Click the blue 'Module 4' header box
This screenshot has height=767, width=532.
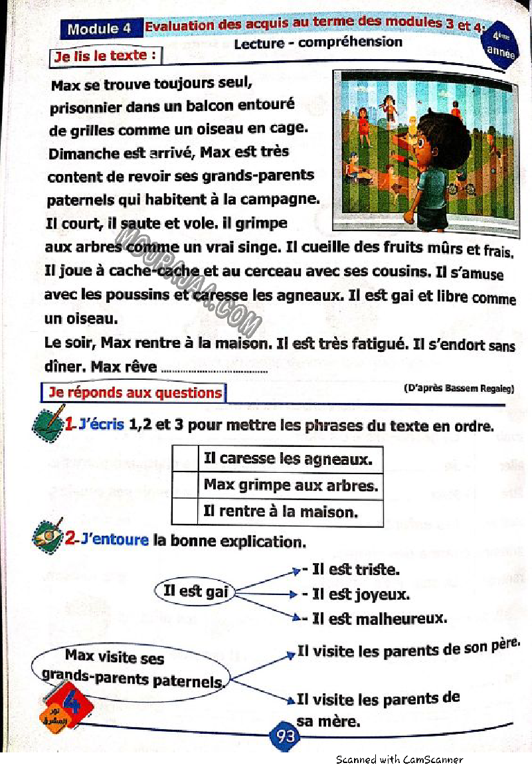click(x=100, y=29)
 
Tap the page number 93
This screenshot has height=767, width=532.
click(x=285, y=736)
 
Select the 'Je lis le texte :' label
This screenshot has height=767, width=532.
click(x=106, y=56)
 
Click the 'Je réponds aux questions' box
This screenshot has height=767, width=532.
click(x=133, y=392)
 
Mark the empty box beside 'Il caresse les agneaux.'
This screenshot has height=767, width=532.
click(x=185, y=458)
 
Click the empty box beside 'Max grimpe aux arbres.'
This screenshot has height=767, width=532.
click(x=185, y=485)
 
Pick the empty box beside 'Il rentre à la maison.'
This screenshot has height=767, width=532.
click(x=185, y=512)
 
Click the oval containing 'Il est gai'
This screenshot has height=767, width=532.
click(x=195, y=591)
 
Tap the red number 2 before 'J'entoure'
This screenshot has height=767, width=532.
click(x=71, y=539)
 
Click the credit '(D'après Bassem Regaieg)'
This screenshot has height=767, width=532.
click(x=458, y=388)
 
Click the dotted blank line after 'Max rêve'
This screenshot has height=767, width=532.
click(x=214, y=371)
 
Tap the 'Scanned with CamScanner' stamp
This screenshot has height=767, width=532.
click(x=399, y=760)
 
